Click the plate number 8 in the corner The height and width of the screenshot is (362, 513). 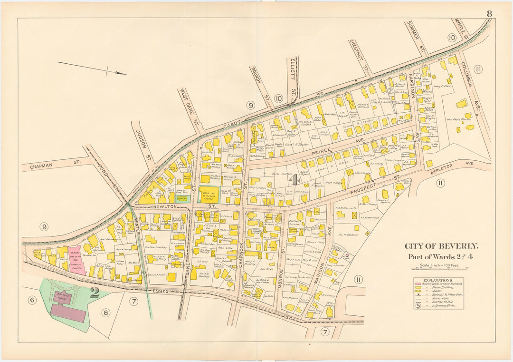point(489,13)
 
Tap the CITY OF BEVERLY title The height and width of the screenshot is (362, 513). point(441,246)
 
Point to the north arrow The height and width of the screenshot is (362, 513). point(92,68)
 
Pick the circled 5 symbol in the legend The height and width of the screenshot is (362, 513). point(418,306)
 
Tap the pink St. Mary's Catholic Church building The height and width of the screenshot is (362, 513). point(75,261)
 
